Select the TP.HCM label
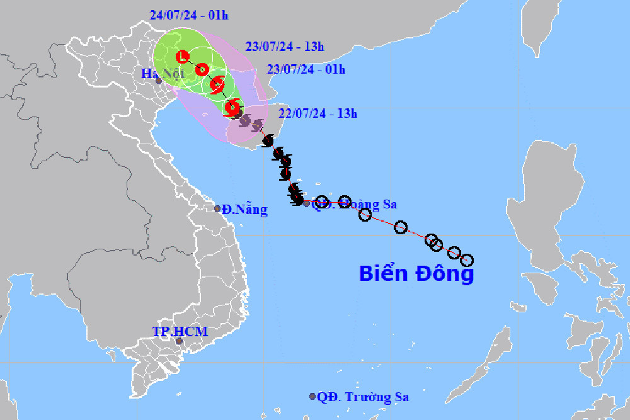pyautogui.click(x=180, y=331)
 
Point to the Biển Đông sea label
pyautogui.click(x=416, y=274)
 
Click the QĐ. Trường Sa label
pyautogui.click(x=363, y=397)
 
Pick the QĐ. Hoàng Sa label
pyautogui.click(x=356, y=204)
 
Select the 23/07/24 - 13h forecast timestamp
pyautogui.click(x=284, y=46)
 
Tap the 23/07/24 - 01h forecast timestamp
pyautogui.click(x=306, y=69)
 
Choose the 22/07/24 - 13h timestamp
pyautogui.click(x=318, y=113)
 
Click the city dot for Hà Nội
pyautogui.click(x=159, y=81)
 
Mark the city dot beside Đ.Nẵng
pyautogui.click(x=217, y=208)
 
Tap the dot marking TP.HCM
pyautogui.click(x=179, y=341)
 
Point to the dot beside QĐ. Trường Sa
pyautogui.click(x=312, y=396)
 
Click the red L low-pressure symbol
pyautogui.click(x=183, y=57)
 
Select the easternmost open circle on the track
pyautogui.click(x=467, y=260)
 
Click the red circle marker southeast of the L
pyautogui.click(x=202, y=69)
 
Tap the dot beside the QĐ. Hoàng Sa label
pyautogui.click(x=307, y=203)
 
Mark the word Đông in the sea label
pyautogui.click(x=444, y=274)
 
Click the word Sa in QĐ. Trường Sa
pyautogui.click(x=401, y=397)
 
